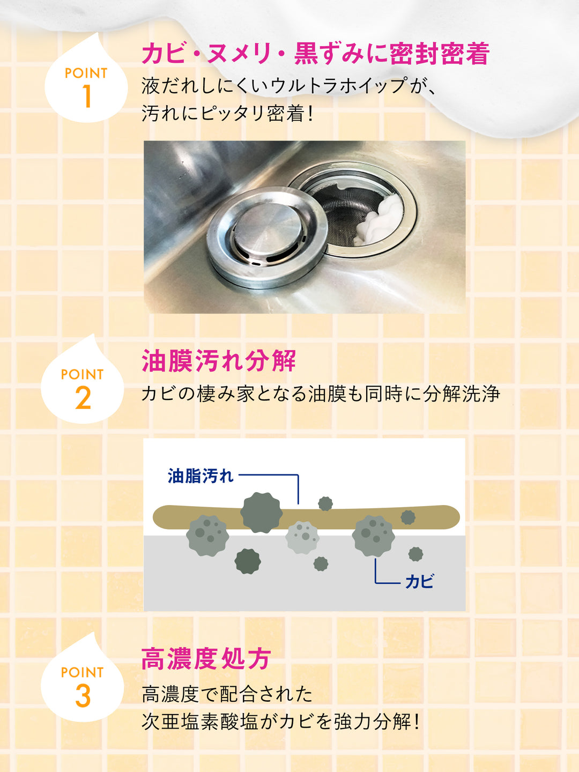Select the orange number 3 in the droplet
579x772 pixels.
pos(83,696)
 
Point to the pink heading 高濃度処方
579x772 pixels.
pos(206,659)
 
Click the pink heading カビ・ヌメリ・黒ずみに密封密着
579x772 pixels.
pos(316,54)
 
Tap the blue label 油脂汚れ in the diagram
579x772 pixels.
pos(201,476)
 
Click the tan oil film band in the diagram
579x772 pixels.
pos(306,517)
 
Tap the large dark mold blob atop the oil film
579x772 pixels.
pos(261,513)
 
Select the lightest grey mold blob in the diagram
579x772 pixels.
pos(302,537)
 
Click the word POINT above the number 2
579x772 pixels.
pos(82,374)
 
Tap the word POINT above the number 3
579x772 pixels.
pos(82,672)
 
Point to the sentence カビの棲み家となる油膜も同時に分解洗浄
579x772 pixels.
pos(321,394)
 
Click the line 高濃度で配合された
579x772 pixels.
pos(227,694)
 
